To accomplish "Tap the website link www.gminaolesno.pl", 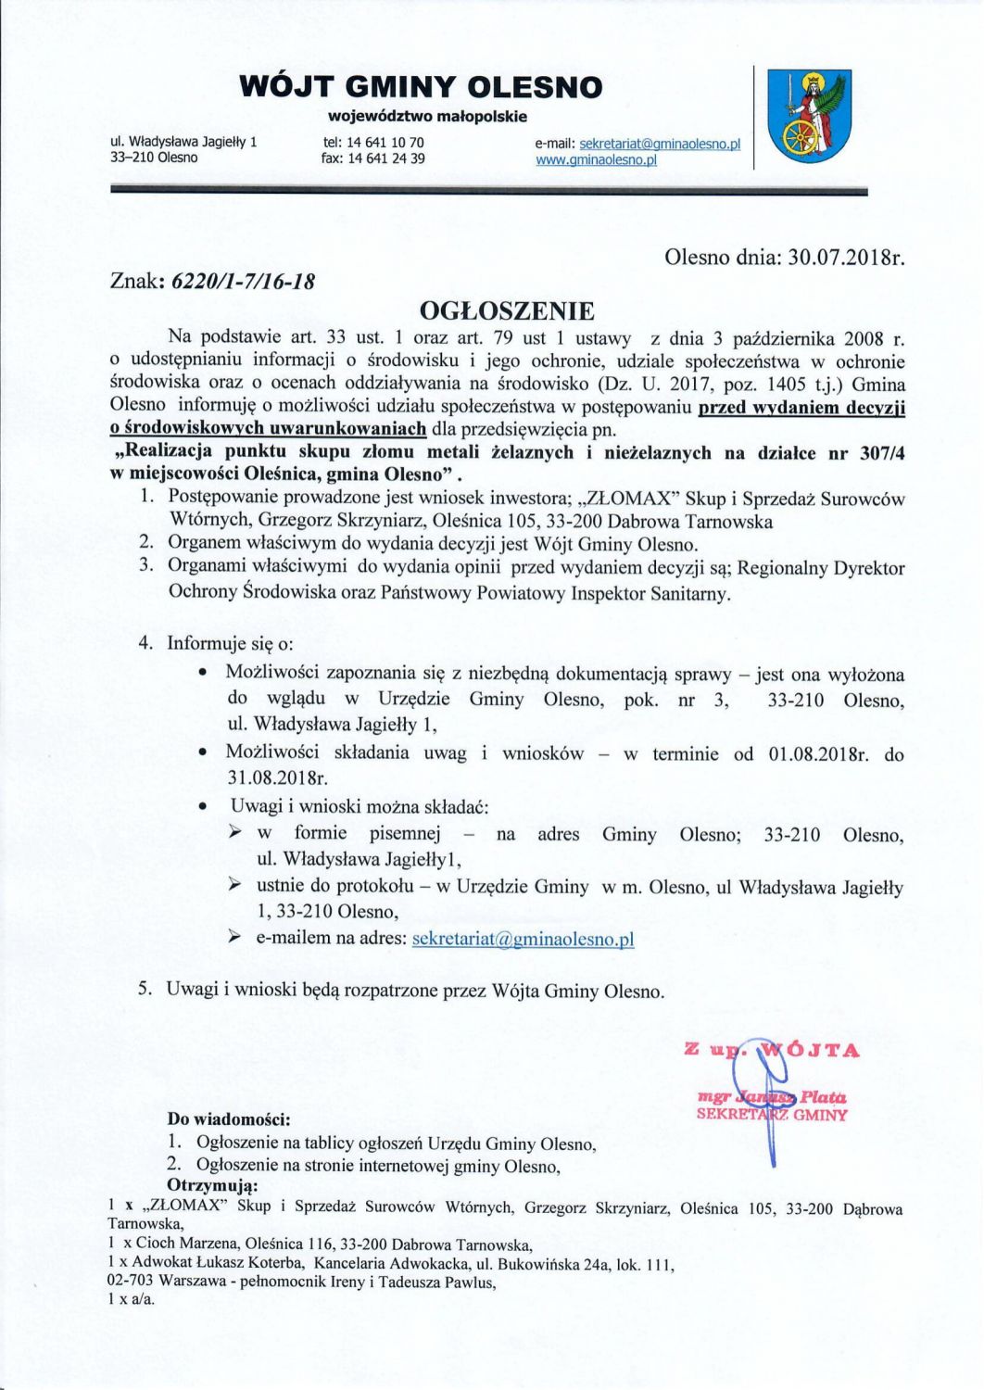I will tap(596, 159).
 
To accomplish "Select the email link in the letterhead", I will tap(659, 144).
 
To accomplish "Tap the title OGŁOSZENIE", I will tap(507, 310).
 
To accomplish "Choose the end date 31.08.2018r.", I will tap(278, 777).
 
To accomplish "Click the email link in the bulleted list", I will tap(523, 938).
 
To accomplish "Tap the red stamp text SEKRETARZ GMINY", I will tap(772, 1114).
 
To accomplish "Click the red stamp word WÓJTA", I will tap(810, 1050).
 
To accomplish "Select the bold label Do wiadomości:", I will tap(229, 1120).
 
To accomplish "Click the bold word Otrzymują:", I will tap(211, 1186).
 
